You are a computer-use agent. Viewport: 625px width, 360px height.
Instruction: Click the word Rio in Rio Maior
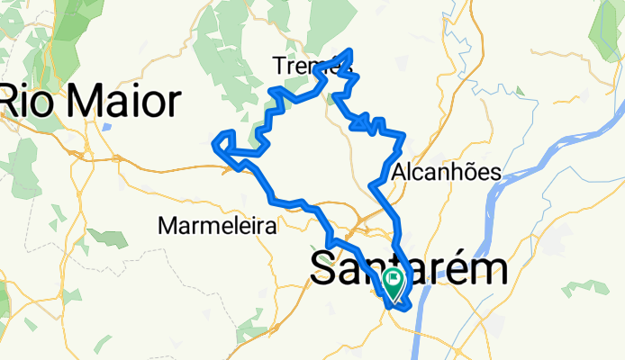point(26,102)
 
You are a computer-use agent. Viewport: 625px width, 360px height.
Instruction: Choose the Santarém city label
point(408,269)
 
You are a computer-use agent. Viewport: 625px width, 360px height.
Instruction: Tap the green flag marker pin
point(394,283)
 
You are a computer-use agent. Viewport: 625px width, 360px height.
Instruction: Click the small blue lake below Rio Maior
point(107,126)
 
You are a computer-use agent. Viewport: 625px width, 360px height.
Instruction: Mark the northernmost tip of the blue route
point(349,50)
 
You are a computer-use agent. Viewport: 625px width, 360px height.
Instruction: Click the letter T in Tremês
point(278,66)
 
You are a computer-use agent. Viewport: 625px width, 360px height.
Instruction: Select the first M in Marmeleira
point(167,226)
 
